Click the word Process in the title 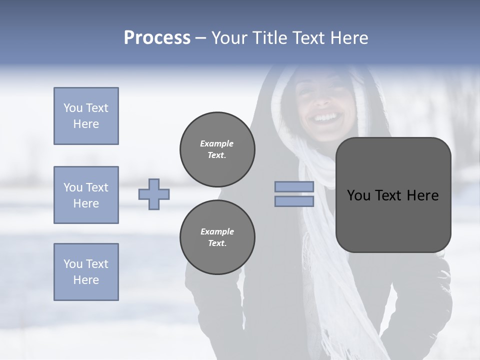(x=157, y=38)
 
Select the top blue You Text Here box (x=86, y=116)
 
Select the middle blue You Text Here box (x=86, y=195)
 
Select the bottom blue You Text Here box (x=86, y=272)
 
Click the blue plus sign (x=154, y=194)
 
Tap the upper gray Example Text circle (x=217, y=149)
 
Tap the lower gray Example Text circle (x=217, y=237)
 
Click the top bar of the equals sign (x=294, y=187)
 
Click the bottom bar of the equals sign (x=294, y=201)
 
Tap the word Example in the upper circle (x=217, y=143)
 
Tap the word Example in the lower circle (x=217, y=231)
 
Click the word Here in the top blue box (x=86, y=124)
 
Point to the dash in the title (x=201, y=38)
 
